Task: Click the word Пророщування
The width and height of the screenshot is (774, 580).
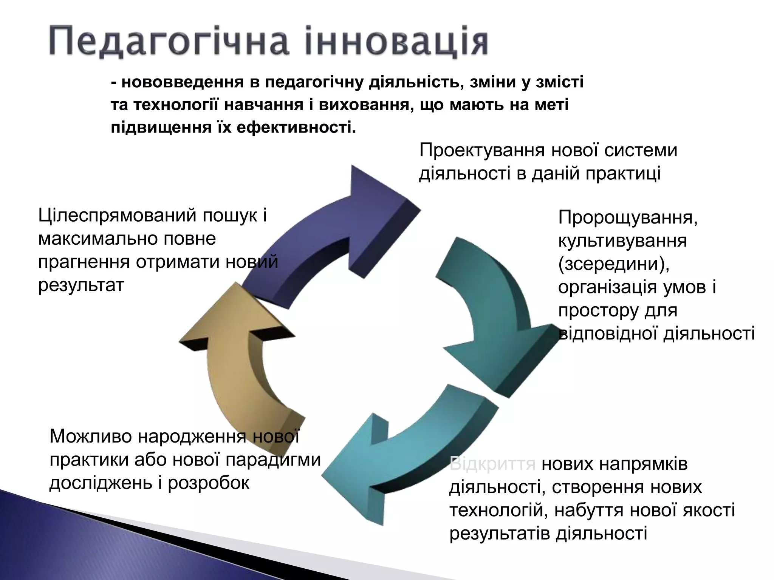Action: (x=627, y=217)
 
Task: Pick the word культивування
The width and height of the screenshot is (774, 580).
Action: (x=622, y=241)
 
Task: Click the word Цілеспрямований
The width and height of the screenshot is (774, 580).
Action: (x=117, y=216)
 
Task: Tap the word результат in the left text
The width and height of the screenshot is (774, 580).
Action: (x=81, y=285)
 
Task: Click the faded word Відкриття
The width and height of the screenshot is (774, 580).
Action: (x=492, y=464)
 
